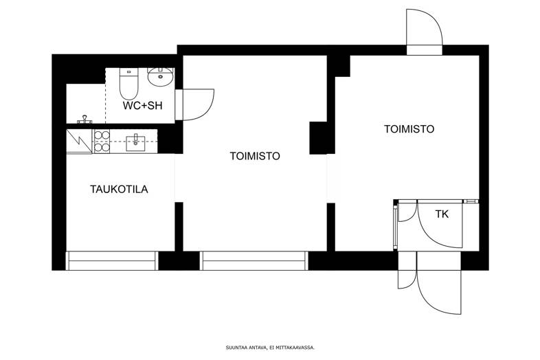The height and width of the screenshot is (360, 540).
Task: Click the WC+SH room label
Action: tap(143, 105)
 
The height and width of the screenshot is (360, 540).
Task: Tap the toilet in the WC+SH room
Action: tap(128, 83)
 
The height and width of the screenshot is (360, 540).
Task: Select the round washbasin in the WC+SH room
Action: tap(160, 76)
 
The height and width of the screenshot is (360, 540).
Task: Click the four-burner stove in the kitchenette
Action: tap(102, 142)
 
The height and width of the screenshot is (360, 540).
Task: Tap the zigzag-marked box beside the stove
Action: tap(79, 142)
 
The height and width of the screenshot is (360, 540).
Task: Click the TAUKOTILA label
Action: tap(119, 189)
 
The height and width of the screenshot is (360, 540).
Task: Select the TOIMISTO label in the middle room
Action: tap(255, 156)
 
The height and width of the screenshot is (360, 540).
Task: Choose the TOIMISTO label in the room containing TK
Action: tap(409, 129)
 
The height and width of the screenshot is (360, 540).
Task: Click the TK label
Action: tap(442, 214)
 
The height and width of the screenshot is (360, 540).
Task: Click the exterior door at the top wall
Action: tap(425, 32)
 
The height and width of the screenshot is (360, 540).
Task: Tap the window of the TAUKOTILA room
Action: tap(111, 260)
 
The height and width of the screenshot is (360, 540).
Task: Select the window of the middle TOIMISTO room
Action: tap(254, 260)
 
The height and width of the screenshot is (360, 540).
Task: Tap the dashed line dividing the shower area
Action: tap(105, 95)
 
